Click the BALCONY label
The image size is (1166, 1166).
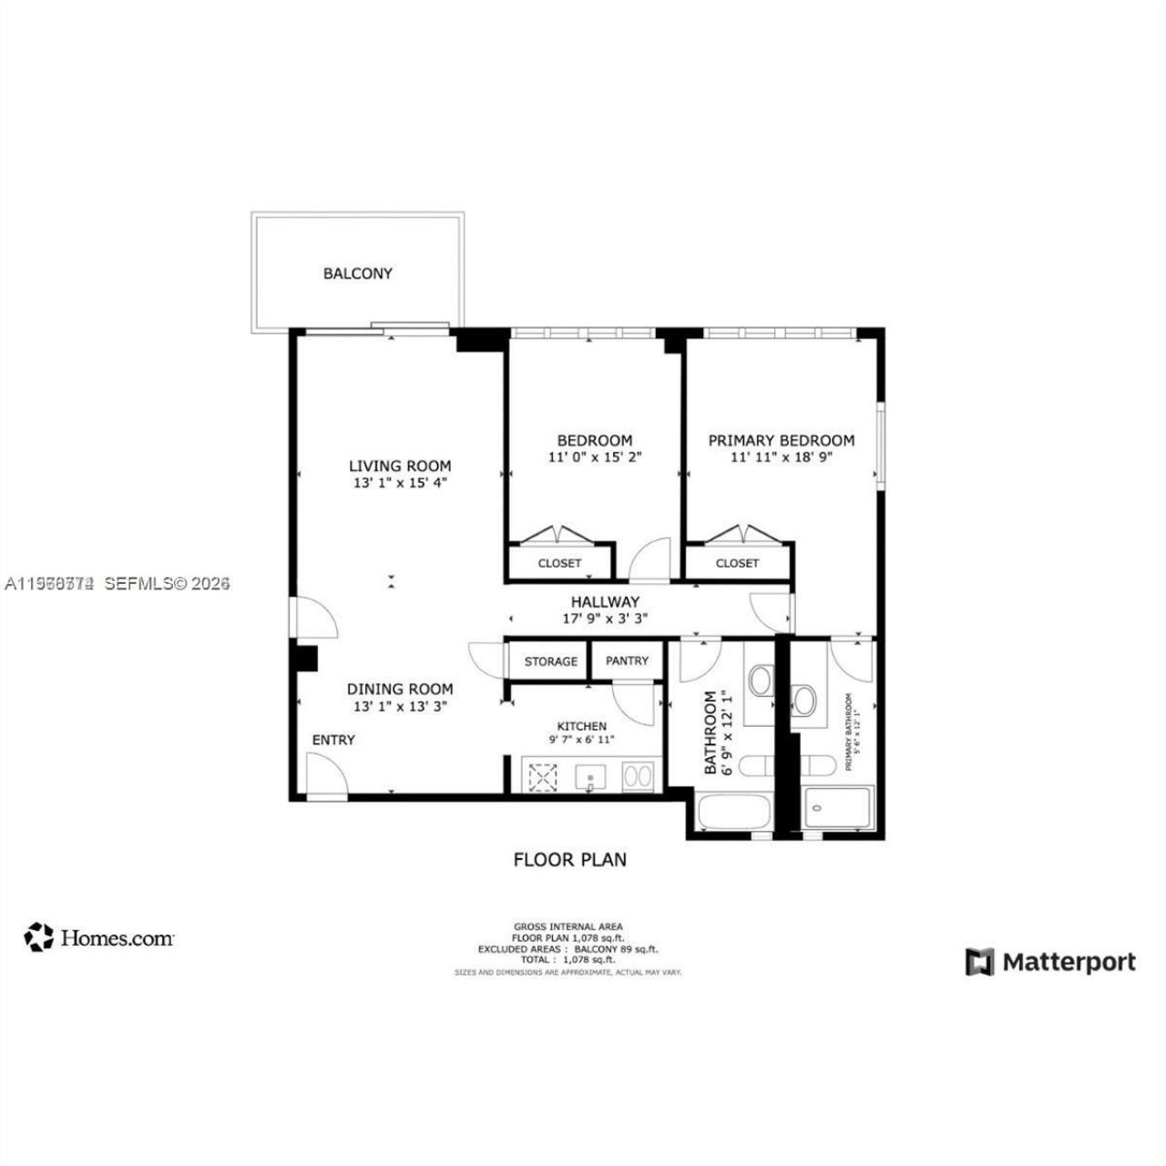pos(357,273)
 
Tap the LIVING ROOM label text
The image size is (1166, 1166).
pos(400,465)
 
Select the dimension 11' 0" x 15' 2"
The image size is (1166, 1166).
pos(595,457)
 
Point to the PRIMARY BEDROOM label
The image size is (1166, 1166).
pos(782,440)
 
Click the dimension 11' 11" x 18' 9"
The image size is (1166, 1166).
pos(782,457)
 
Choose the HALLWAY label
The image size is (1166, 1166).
pos(605,601)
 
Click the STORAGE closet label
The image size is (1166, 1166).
pos(550,661)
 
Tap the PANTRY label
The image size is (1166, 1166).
pos(627,661)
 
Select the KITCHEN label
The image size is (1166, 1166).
pos(581,726)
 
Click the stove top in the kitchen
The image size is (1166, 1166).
pos(544,777)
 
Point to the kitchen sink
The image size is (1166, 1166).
pos(591,777)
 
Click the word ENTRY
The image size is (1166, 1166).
pos(333,740)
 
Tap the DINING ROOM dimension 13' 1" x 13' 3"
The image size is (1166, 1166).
pos(400,706)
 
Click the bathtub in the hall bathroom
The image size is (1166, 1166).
pos(727,811)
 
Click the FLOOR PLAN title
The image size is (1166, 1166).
pos(570,859)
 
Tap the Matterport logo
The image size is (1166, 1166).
pos(1051,962)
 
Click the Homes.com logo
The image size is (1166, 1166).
pos(99,937)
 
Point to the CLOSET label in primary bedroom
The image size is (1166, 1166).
pos(737,563)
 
